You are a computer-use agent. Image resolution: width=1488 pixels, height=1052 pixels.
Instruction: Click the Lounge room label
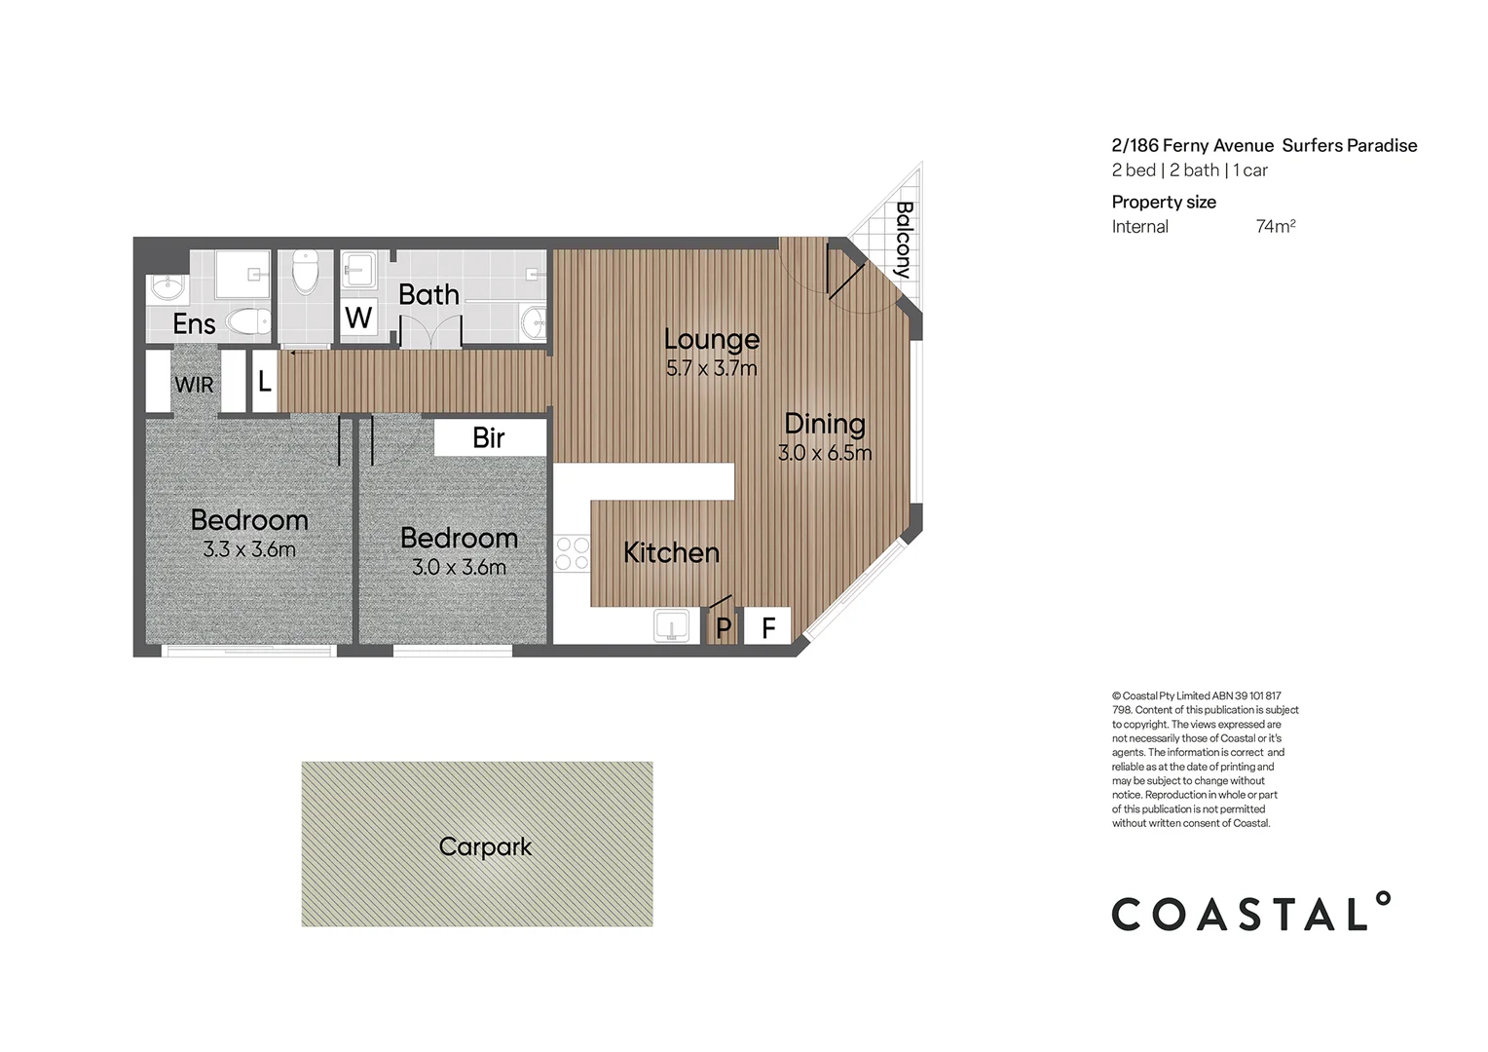(x=711, y=339)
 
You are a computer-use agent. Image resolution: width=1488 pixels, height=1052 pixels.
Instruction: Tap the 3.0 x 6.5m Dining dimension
(x=825, y=453)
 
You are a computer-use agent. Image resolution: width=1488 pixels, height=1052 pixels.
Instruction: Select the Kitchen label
(x=671, y=552)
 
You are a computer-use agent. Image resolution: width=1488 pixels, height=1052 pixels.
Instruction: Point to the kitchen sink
(x=671, y=624)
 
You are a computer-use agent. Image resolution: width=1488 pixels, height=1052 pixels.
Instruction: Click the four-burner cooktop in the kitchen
(x=572, y=553)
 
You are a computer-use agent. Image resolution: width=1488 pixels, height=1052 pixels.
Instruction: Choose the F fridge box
(x=768, y=627)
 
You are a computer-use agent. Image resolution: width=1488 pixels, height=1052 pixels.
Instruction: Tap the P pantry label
(x=723, y=628)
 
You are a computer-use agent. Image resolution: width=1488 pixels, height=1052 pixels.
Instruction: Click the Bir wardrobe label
(x=489, y=438)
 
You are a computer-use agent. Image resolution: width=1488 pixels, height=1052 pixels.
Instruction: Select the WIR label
(x=194, y=385)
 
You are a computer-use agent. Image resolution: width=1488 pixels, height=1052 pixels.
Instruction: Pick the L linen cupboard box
(x=264, y=382)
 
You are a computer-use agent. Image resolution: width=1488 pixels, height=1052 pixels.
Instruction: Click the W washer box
(x=358, y=318)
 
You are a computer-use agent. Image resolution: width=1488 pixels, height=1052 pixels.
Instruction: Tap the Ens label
(x=194, y=323)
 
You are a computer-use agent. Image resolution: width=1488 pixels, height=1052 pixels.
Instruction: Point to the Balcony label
(x=903, y=240)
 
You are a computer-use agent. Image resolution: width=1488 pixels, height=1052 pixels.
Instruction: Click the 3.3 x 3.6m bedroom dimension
(x=249, y=549)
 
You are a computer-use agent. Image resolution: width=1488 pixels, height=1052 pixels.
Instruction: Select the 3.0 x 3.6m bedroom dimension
(x=459, y=567)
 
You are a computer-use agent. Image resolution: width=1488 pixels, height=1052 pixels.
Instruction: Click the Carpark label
(x=485, y=846)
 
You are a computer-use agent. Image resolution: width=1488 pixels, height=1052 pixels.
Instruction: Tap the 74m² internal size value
(x=1275, y=226)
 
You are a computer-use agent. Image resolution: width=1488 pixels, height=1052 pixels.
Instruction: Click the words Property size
(x=1164, y=202)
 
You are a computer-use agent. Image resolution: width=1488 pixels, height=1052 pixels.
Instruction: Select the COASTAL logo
(x=1250, y=913)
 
